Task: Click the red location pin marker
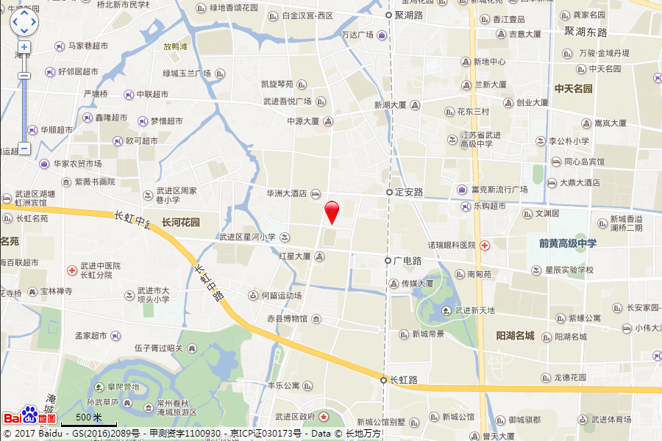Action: click(x=332, y=210)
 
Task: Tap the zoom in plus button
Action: click(x=24, y=47)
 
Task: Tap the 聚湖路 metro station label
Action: click(x=408, y=15)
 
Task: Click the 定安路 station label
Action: click(x=408, y=192)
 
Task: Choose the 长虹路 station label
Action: click(x=403, y=380)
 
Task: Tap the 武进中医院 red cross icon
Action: click(x=71, y=270)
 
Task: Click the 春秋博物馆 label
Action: click(x=289, y=319)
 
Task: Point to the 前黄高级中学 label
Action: click(x=567, y=243)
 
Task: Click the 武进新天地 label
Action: click(x=474, y=311)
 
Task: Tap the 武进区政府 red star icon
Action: click(x=324, y=417)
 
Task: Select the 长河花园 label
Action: click(x=181, y=222)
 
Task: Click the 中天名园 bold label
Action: click(x=574, y=89)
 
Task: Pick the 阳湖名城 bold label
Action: click(x=515, y=336)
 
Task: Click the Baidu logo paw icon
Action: click(x=29, y=416)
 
